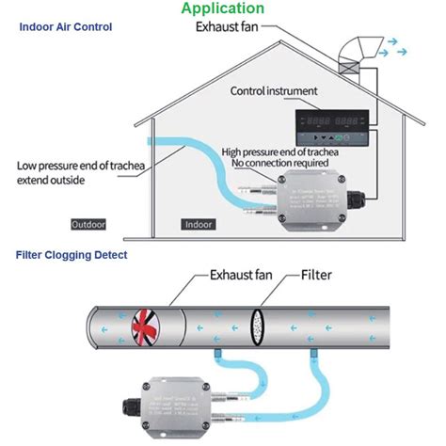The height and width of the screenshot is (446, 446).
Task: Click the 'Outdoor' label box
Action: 88,225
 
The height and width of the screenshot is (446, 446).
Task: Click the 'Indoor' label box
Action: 197,225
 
